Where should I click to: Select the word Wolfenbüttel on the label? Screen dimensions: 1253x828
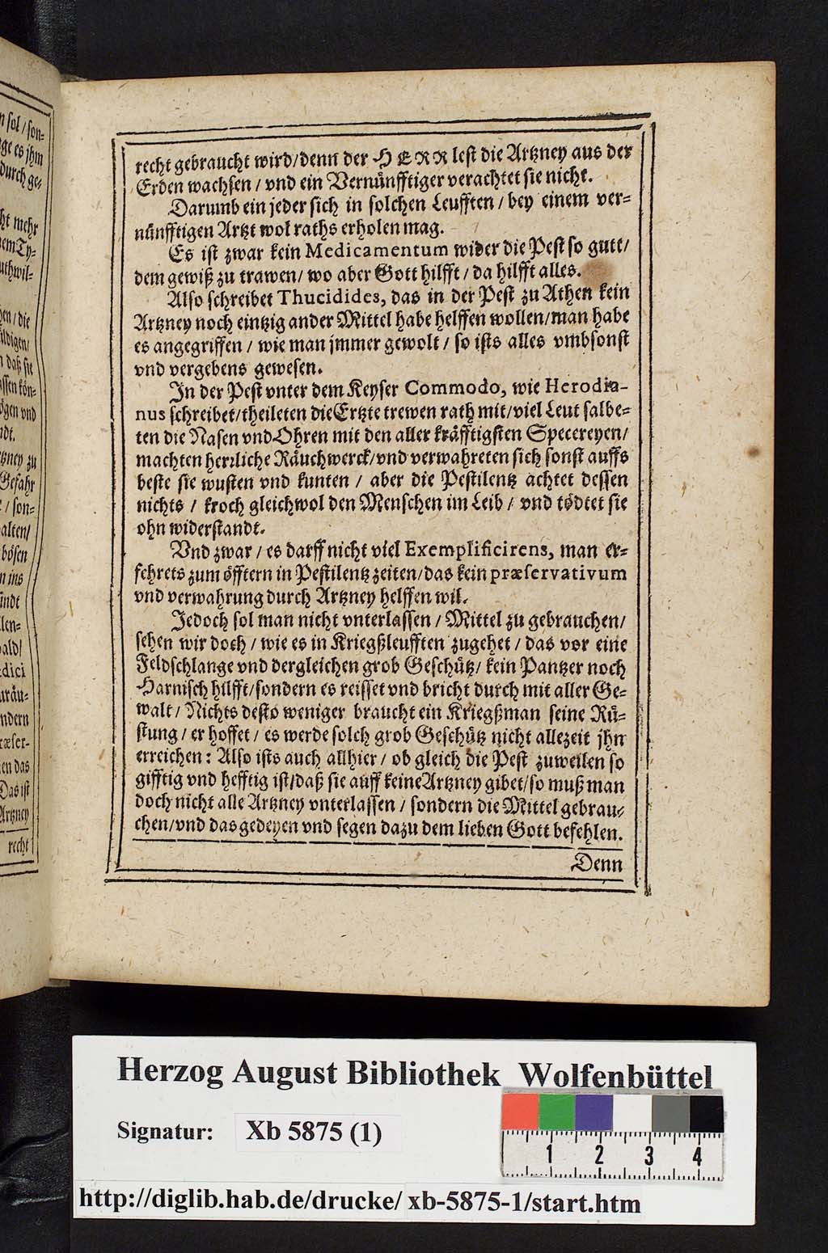coord(615,1076)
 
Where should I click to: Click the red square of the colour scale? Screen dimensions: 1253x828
coord(521,1113)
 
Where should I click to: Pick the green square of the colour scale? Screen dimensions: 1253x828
coord(557,1113)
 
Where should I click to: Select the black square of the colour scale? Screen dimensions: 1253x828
coord(705,1113)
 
